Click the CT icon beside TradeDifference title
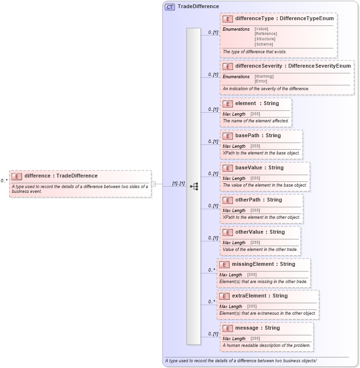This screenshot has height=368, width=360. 170,7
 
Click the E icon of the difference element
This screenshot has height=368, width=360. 17,176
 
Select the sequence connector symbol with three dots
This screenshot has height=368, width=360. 194,186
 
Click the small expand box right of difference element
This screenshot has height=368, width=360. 153,184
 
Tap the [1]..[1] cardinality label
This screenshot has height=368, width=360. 178,183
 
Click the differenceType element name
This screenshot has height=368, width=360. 255,19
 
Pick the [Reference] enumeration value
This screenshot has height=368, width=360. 266,34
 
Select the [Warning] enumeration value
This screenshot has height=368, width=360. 264,76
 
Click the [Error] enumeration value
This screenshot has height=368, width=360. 261,81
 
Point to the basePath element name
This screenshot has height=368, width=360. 247,136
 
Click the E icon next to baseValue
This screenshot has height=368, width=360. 228,168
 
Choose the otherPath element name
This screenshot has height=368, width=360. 248,200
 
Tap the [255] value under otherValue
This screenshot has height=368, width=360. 255,243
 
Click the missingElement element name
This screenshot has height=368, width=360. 253,264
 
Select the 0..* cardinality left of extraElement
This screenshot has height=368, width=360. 211,302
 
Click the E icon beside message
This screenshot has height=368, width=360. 228,329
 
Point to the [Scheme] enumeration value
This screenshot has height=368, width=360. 264,44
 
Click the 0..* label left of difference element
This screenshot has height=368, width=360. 4,181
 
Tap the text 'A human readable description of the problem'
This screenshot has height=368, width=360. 267,345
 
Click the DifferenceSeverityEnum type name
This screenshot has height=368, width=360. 319,66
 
